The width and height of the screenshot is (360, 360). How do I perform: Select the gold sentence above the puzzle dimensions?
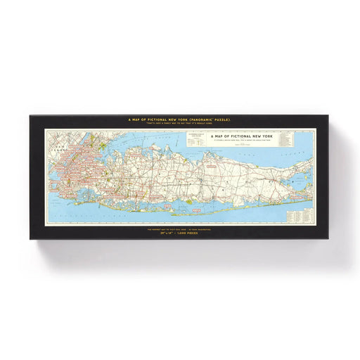pos(180,229)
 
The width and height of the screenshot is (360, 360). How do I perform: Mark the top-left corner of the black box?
pos(30,115)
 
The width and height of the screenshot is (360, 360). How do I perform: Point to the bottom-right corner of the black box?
pos(330,239)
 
